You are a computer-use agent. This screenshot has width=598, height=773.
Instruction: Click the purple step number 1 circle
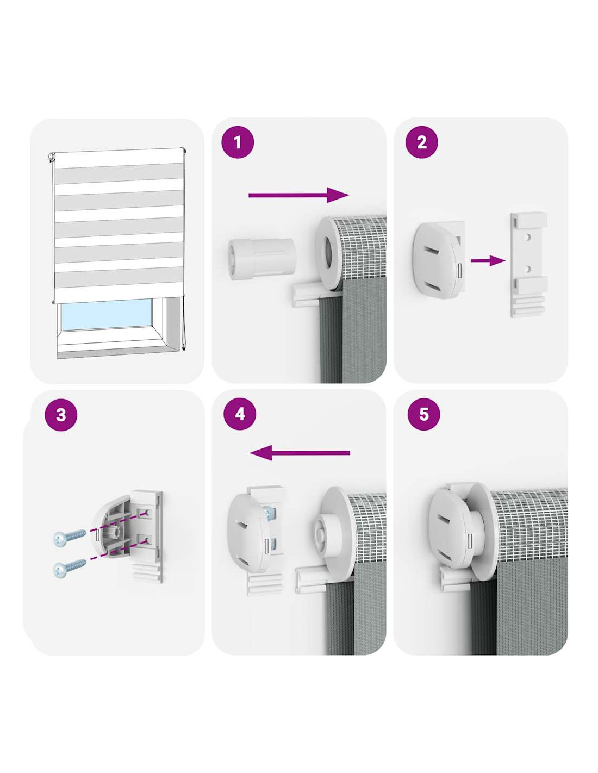coord(238,143)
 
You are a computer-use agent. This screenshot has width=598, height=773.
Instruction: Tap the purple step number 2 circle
coord(421,142)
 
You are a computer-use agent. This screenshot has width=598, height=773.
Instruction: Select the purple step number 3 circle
coord(61,415)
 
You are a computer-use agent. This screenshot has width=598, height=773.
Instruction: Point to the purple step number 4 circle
coord(240,414)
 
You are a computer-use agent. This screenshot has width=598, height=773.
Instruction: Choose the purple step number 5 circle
coord(423,414)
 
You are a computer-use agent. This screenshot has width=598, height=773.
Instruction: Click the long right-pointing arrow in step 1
coord(299,195)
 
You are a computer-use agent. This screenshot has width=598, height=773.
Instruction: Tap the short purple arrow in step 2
coord(488,260)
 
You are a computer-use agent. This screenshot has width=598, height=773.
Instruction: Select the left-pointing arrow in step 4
coord(300,453)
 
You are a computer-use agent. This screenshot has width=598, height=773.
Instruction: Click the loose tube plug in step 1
coord(261,259)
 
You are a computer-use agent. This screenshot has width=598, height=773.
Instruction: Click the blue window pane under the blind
coord(107,313)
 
